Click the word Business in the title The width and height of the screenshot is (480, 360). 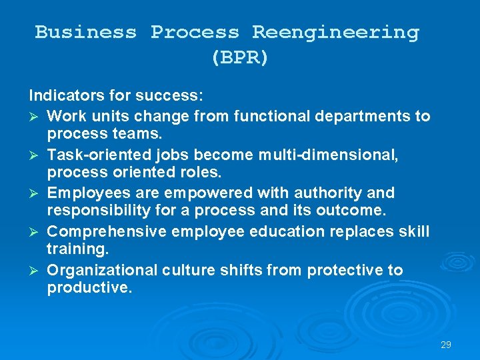coord(86,32)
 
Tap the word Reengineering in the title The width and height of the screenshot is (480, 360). coord(336,32)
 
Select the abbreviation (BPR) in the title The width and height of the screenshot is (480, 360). coord(240,57)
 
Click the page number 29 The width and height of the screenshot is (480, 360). coord(446,345)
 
